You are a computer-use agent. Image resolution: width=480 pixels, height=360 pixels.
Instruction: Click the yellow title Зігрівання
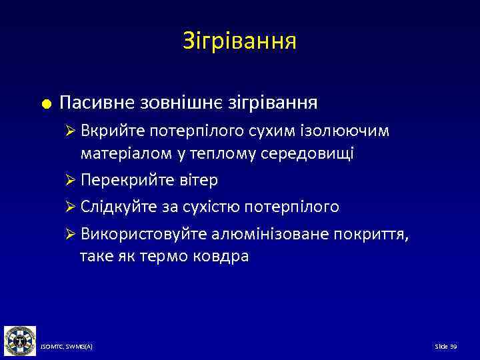click(239, 42)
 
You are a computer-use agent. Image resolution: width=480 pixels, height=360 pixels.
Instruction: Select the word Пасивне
click(97, 103)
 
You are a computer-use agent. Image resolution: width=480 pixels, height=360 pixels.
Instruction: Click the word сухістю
click(215, 207)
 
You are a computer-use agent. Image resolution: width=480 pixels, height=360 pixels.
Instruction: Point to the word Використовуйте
click(139, 235)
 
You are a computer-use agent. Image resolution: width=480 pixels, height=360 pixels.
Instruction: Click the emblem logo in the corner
click(19, 340)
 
